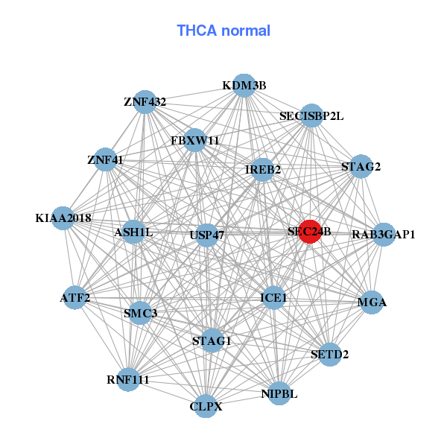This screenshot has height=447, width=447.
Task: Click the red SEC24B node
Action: (x=310, y=232)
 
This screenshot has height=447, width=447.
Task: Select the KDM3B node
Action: (x=244, y=86)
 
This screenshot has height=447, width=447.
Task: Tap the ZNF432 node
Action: (x=145, y=102)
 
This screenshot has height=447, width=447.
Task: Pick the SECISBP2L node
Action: (x=311, y=116)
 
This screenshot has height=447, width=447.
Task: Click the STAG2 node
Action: (x=361, y=167)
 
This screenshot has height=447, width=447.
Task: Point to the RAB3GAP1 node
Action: (x=384, y=235)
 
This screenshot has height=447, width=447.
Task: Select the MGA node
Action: (x=372, y=302)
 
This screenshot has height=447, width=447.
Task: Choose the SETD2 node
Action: (x=329, y=354)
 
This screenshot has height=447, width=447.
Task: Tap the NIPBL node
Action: (x=279, y=393)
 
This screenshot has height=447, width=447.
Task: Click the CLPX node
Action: (x=206, y=407)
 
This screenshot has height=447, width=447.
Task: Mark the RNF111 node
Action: (x=128, y=379)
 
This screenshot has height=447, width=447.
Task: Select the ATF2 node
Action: (x=75, y=298)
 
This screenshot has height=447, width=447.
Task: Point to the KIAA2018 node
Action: (x=63, y=218)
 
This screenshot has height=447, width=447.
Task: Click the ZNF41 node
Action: (x=105, y=159)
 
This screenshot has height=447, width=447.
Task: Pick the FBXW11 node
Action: (x=194, y=140)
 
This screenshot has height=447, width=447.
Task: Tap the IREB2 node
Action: (x=263, y=170)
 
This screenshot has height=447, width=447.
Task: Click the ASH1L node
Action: (x=134, y=232)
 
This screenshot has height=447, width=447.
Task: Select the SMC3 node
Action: (x=140, y=313)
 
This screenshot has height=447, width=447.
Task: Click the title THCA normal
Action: (x=223, y=31)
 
